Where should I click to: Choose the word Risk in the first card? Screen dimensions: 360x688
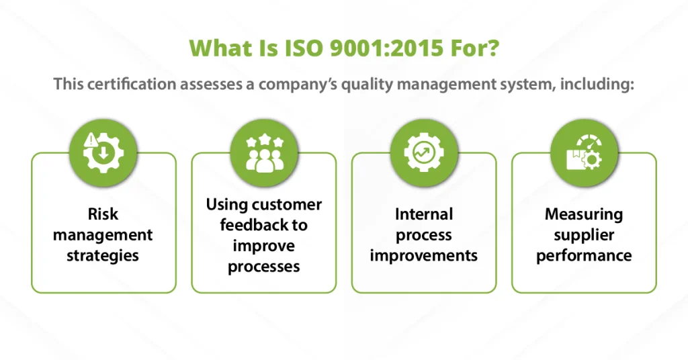(x=103, y=214)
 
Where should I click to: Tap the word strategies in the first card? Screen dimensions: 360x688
(x=103, y=256)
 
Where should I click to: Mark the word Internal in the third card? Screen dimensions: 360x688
(x=424, y=214)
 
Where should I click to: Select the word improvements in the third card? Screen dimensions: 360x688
(x=424, y=256)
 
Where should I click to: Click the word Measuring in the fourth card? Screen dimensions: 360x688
(x=584, y=214)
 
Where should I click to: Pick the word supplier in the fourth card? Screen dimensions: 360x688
(x=584, y=235)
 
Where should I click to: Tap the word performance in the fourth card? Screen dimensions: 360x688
(x=584, y=256)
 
